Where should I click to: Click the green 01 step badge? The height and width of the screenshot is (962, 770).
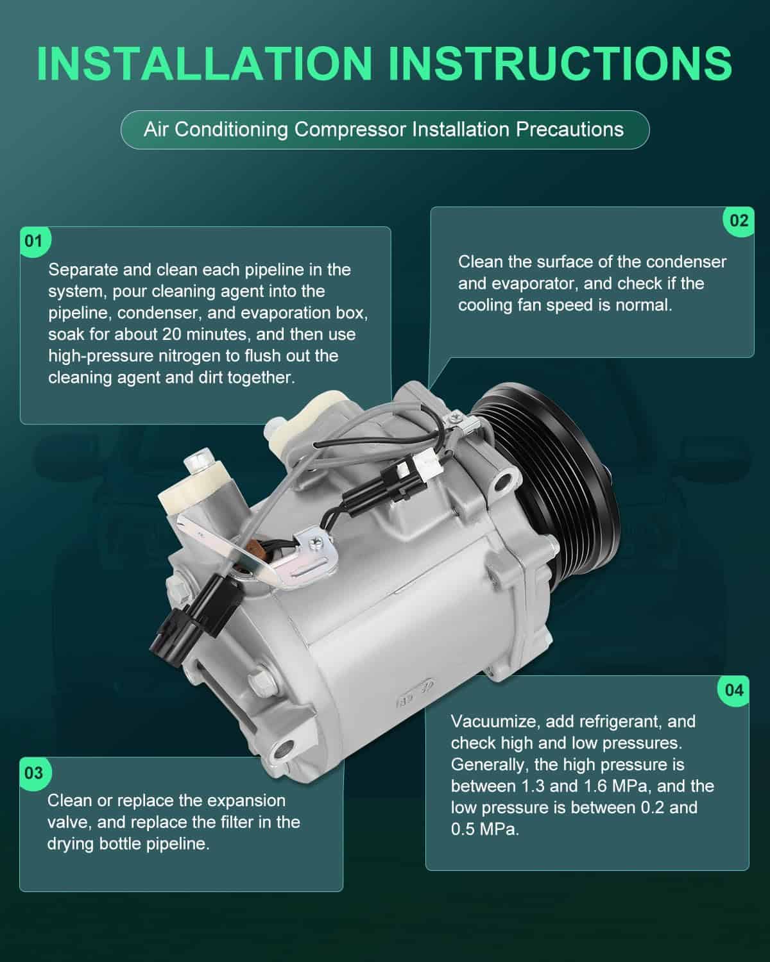click(x=35, y=242)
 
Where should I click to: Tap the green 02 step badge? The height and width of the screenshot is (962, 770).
click(x=739, y=221)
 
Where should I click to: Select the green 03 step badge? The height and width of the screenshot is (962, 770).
click(x=35, y=773)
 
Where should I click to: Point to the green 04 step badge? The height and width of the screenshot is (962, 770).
click(x=733, y=691)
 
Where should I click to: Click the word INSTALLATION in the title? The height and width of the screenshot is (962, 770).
click(x=205, y=63)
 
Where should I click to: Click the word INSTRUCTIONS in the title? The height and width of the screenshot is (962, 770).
click(x=560, y=63)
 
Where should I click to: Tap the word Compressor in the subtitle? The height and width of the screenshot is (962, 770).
click(x=350, y=130)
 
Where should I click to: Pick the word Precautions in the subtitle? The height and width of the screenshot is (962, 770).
click(x=570, y=130)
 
